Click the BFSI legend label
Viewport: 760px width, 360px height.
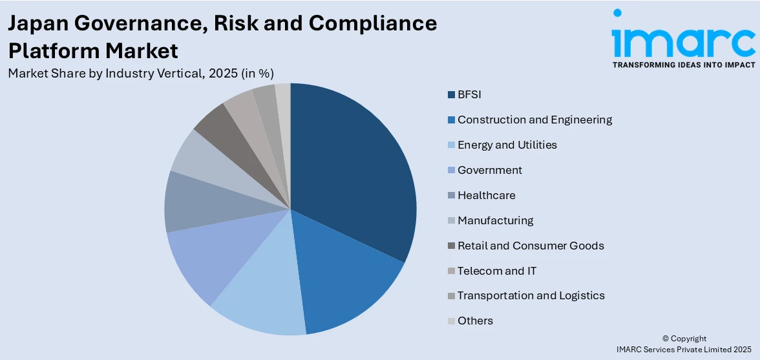click(x=469, y=94)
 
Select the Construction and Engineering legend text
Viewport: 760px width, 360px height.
click(x=534, y=120)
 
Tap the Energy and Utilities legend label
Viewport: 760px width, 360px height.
click(x=507, y=145)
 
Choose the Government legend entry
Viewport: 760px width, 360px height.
click(x=489, y=170)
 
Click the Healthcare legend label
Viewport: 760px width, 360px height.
click(x=486, y=195)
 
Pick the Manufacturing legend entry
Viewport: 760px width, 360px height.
click(x=495, y=220)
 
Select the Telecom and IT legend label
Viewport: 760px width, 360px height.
click(x=497, y=271)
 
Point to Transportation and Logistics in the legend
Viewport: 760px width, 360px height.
click(x=531, y=295)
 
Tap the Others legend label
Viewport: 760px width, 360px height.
click(x=475, y=321)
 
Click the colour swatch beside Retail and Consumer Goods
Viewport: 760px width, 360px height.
click(x=451, y=246)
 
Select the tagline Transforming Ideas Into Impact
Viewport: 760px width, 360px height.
click(x=683, y=65)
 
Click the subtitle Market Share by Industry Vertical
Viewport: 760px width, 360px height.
click(x=145, y=74)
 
